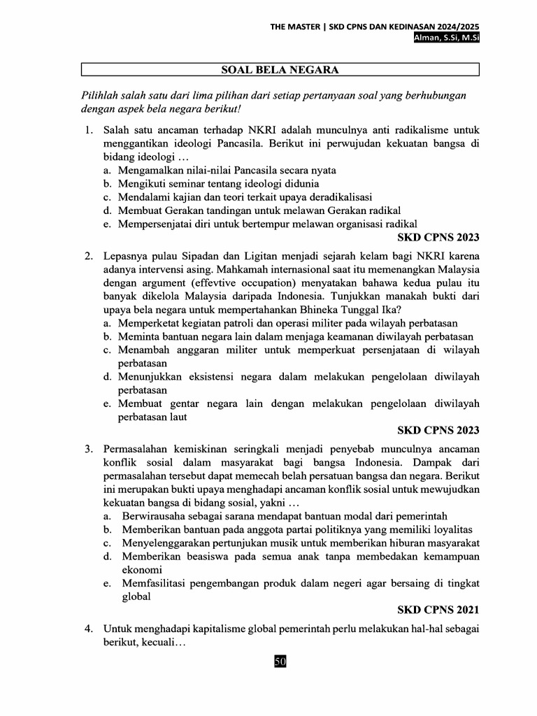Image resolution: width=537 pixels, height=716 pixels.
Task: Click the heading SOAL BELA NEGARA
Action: point(280,70)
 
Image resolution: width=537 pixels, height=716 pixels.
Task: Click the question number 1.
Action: point(89,131)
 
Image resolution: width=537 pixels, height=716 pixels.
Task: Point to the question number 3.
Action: point(89,448)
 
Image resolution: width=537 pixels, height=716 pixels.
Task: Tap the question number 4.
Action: point(89,629)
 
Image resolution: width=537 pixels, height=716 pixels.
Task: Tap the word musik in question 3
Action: point(289,543)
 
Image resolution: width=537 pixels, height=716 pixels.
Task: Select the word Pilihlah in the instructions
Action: point(101,94)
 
